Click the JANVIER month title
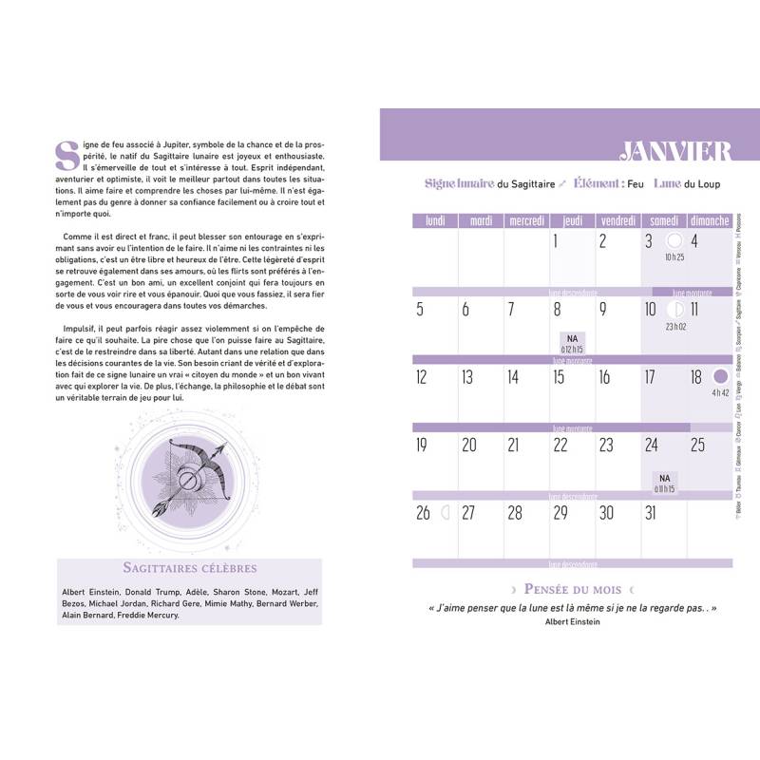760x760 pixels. [675, 150]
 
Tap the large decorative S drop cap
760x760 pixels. [66, 157]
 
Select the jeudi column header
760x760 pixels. [573, 220]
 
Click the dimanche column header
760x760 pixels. [710, 220]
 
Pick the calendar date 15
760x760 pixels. [559, 377]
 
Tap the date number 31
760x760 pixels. [651, 513]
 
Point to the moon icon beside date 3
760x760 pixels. [674, 241]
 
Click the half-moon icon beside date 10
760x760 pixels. [675, 310]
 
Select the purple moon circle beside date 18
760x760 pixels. [720, 377]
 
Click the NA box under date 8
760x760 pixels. [572, 343]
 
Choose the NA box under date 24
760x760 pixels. [664, 480]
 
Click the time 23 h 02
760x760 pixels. [676, 326]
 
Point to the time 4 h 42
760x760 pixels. [720, 392]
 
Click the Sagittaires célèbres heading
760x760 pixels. [190, 568]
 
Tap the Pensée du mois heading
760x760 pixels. [571, 589]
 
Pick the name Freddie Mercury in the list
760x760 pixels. [157, 615]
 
